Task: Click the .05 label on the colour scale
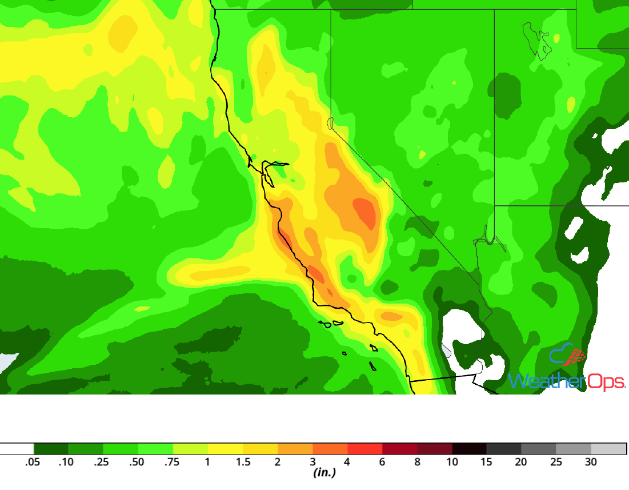tap(33, 462)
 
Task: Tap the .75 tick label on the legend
tap(172, 462)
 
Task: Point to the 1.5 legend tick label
tap(243, 462)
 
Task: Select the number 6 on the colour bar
tap(382, 462)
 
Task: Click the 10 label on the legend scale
tap(452, 462)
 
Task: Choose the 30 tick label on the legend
tap(591, 462)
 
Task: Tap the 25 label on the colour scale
tap(556, 462)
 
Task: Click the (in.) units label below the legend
tap(324, 473)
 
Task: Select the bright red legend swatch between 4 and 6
tap(365, 449)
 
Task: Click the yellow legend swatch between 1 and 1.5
tap(226, 449)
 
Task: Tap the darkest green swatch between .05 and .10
tap(51, 449)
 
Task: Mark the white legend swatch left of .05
tap(17, 449)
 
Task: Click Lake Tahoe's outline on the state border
tap(330, 122)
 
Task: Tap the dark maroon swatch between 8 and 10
tap(435, 449)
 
